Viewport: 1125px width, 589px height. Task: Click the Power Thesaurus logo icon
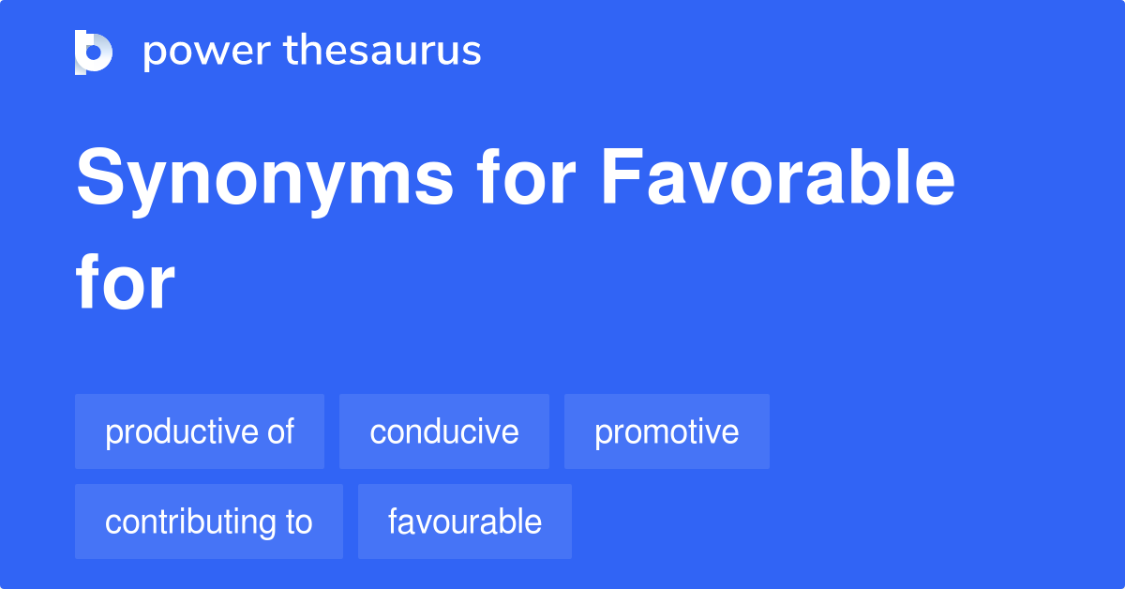click(94, 52)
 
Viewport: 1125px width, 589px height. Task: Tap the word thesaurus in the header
click(382, 52)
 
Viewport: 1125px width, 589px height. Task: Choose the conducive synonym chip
click(443, 431)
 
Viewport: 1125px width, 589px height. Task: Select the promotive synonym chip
click(667, 431)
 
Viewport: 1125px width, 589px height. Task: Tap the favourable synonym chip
click(464, 521)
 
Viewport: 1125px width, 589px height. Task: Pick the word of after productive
click(279, 431)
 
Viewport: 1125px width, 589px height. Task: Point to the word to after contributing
click(297, 521)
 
